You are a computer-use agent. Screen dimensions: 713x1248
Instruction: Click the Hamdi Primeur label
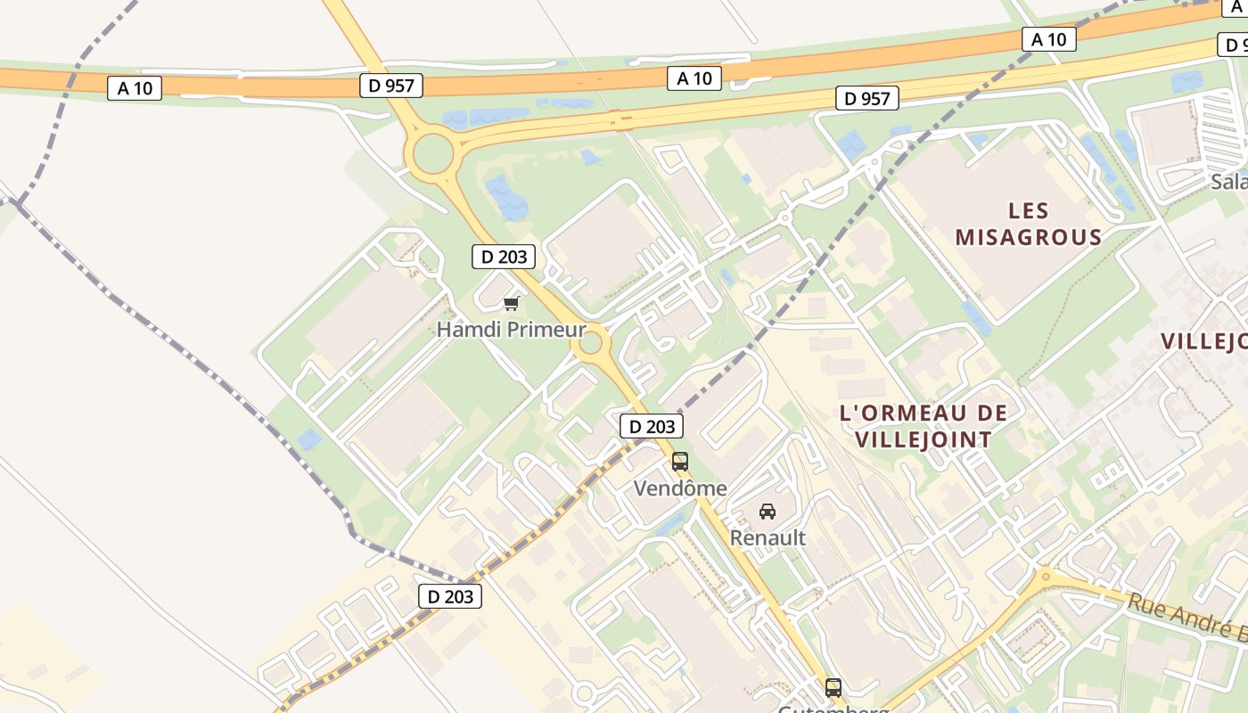coord(511,330)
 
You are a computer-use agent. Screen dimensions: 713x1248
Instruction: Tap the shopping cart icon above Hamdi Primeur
coord(511,304)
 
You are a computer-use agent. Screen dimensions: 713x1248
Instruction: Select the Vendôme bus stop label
coord(680,488)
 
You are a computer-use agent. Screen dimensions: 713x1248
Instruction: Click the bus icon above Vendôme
coord(680,462)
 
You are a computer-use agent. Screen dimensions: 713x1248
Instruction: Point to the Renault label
coord(768,538)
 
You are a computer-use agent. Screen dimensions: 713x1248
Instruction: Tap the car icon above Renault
coord(768,512)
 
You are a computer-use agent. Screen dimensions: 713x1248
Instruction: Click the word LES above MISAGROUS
coord(1029,211)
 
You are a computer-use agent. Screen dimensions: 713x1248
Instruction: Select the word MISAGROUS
coord(1029,238)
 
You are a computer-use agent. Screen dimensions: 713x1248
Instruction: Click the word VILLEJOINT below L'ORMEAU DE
coord(923,439)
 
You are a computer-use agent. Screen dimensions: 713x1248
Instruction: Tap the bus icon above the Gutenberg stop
coord(833,688)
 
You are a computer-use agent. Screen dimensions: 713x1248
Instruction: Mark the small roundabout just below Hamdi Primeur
coord(590,343)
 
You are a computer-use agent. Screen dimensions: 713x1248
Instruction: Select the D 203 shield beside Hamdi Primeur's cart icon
coord(504,257)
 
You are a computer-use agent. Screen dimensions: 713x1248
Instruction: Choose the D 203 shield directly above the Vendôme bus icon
coord(652,426)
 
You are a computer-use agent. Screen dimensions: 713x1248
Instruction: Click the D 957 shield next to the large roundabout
coord(390,86)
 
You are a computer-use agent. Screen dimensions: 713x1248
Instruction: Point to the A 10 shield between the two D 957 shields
coord(694,78)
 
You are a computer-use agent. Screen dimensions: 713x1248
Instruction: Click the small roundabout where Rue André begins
coord(1045,575)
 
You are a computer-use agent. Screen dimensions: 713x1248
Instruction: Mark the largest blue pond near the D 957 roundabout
coord(506,198)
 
